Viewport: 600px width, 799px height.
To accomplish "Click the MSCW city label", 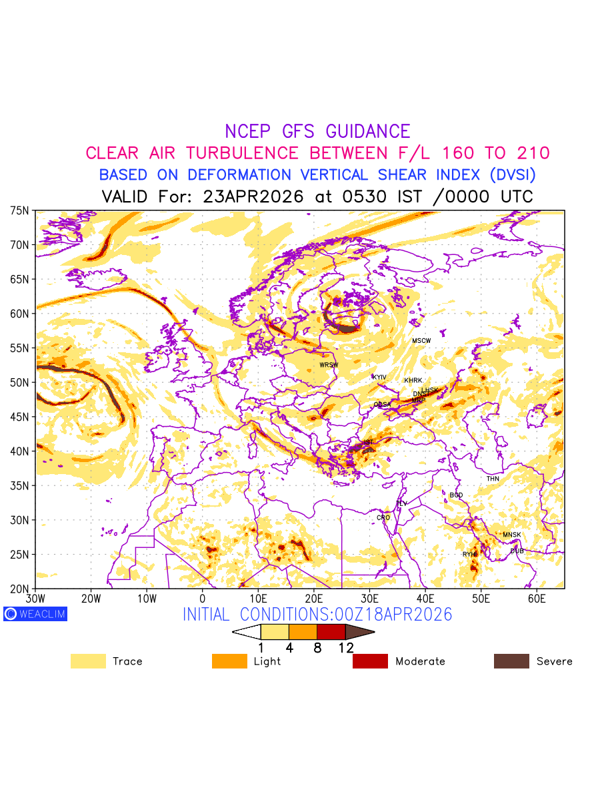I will pyautogui.click(x=421, y=341).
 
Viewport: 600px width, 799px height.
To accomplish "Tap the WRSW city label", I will pyautogui.click(x=329, y=365).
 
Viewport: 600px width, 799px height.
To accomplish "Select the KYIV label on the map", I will pyautogui.click(x=379, y=378).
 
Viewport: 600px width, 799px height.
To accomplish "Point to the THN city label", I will pyautogui.click(x=493, y=479).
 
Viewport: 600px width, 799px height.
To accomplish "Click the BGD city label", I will pyautogui.click(x=456, y=495).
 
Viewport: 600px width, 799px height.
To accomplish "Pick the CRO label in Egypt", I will pyautogui.click(x=383, y=517).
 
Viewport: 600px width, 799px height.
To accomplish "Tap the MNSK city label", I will pyautogui.click(x=512, y=535).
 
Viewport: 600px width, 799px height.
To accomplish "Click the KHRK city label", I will pyautogui.click(x=413, y=381).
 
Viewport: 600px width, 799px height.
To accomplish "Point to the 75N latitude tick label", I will pyautogui.click(x=20, y=210).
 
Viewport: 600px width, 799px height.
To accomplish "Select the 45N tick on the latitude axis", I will pyautogui.click(x=20, y=417).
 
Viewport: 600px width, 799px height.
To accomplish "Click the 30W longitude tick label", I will pyautogui.click(x=35, y=599).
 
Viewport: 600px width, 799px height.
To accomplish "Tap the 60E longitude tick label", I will pyautogui.click(x=537, y=599).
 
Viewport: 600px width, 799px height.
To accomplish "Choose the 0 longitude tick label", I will pyautogui.click(x=203, y=599).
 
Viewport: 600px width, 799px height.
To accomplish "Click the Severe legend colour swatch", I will pyautogui.click(x=511, y=661).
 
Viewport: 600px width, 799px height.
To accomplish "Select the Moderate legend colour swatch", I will pyautogui.click(x=370, y=661).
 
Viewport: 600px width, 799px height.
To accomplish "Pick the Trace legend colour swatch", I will pyautogui.click(x=88, y=661).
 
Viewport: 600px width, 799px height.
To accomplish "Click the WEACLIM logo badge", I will pyautogui.click(x=35, y=614).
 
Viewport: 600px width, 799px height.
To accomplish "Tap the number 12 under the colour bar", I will pyautogui.click(x=345, y=648).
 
